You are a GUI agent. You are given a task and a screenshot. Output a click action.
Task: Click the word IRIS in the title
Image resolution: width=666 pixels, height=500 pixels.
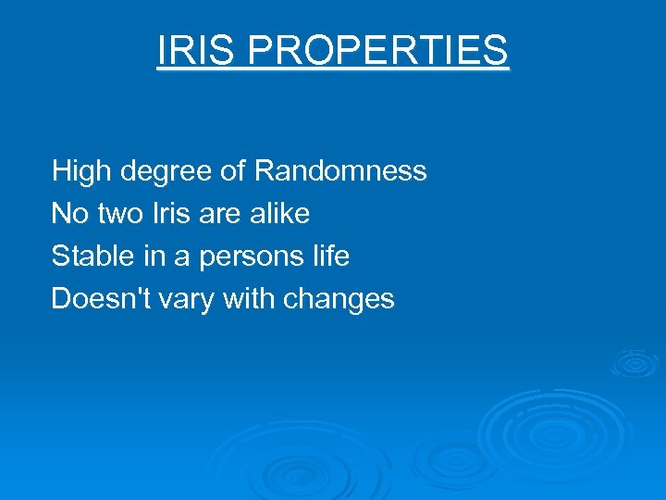(195, 50)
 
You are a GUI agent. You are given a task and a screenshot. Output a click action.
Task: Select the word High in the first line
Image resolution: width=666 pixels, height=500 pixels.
(80, 171)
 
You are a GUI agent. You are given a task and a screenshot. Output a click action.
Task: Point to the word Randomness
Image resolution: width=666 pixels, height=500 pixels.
(340, 171)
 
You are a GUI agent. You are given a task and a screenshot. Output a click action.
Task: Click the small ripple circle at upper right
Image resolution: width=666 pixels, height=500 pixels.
(634, 363)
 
